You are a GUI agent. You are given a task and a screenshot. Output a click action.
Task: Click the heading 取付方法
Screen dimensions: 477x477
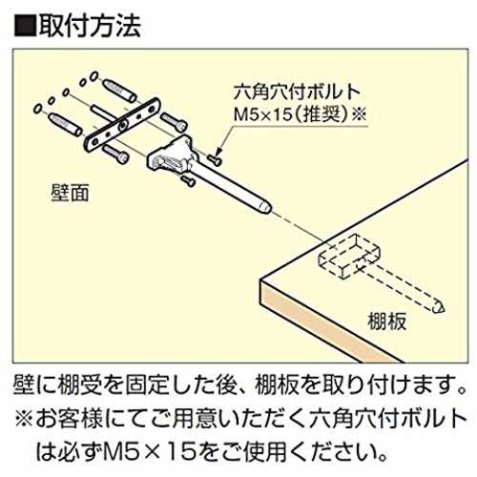[x=90, y=26]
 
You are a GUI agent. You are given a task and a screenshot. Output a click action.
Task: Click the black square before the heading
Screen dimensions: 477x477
[x=25, y=27]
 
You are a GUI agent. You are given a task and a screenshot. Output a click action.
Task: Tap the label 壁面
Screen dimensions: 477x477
[x=70, y=193]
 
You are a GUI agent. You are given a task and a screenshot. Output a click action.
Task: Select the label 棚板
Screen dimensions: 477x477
[x=386, y=321]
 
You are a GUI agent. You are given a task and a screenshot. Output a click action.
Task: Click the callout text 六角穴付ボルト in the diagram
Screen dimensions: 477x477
[x=297, y=93]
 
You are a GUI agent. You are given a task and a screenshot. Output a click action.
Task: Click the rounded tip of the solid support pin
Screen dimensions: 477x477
[x=266, y=207]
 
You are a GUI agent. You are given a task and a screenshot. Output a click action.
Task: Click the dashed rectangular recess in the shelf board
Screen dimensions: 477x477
[x=349, y=257]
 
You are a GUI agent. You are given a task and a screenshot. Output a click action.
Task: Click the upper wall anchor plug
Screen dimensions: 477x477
[x=119, y=91]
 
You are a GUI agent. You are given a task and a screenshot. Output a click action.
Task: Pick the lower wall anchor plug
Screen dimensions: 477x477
[x=65, y=125]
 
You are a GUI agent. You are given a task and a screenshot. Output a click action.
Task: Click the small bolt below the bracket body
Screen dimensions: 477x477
[x=188, y=181]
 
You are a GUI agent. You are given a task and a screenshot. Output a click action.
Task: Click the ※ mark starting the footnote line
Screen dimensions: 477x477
[x=24, y=419]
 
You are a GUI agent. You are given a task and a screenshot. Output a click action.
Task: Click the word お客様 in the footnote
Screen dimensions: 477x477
[x=70, y=419]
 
